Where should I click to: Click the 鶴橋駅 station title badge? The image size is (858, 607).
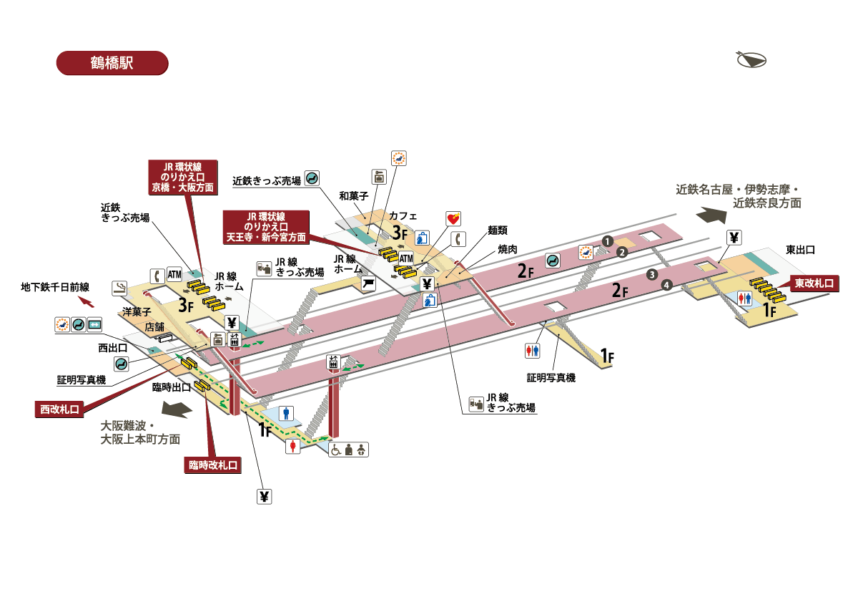click(112, 62)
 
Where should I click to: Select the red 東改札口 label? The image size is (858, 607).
click(814, 283)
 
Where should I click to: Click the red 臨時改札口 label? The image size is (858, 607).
click(212, 465)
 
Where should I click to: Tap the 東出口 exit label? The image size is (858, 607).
click(800, 250)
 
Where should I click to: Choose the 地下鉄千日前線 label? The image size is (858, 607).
click(55, 287)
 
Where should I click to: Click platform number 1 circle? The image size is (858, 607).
click(606, 241)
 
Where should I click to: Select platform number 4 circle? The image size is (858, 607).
click(666, 286)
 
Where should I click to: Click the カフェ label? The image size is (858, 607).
click(403, 215)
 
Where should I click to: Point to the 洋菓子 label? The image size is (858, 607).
click(136, 312)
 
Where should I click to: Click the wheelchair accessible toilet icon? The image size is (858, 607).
click(336, 450)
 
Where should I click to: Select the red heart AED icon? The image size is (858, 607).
click(453, 218)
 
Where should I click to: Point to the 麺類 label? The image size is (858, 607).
click(498, 230)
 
